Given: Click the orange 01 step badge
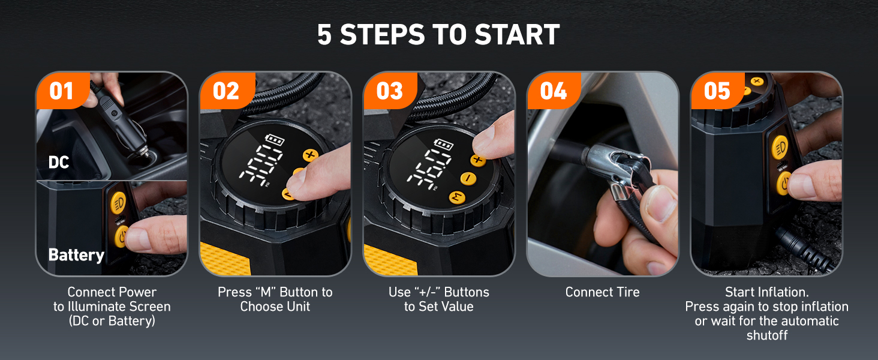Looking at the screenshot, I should (x=61, y=91).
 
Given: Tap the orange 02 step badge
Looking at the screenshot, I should (x=225, y=91).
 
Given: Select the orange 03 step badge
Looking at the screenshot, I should (x=389, y=91).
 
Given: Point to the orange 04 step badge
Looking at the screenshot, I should (x=553, y=91).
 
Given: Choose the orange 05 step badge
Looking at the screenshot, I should (x=717, y=91).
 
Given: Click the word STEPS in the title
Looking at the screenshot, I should (x=402, y=35).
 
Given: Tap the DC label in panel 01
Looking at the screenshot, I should (x=59, y=162).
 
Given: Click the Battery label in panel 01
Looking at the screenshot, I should (x=76, y=255).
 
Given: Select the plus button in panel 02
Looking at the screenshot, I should (x=310, y=155).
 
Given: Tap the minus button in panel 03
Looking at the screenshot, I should (x=468, y=178).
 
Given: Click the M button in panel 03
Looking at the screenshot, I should (x=457, y=197).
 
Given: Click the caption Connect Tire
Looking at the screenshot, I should (x=602, y=292).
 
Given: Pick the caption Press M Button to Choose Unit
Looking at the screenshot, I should (x=275, y=299).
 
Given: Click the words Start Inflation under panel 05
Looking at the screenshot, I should (x=766, y=292).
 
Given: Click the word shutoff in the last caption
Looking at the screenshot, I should (x=766, y=335).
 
